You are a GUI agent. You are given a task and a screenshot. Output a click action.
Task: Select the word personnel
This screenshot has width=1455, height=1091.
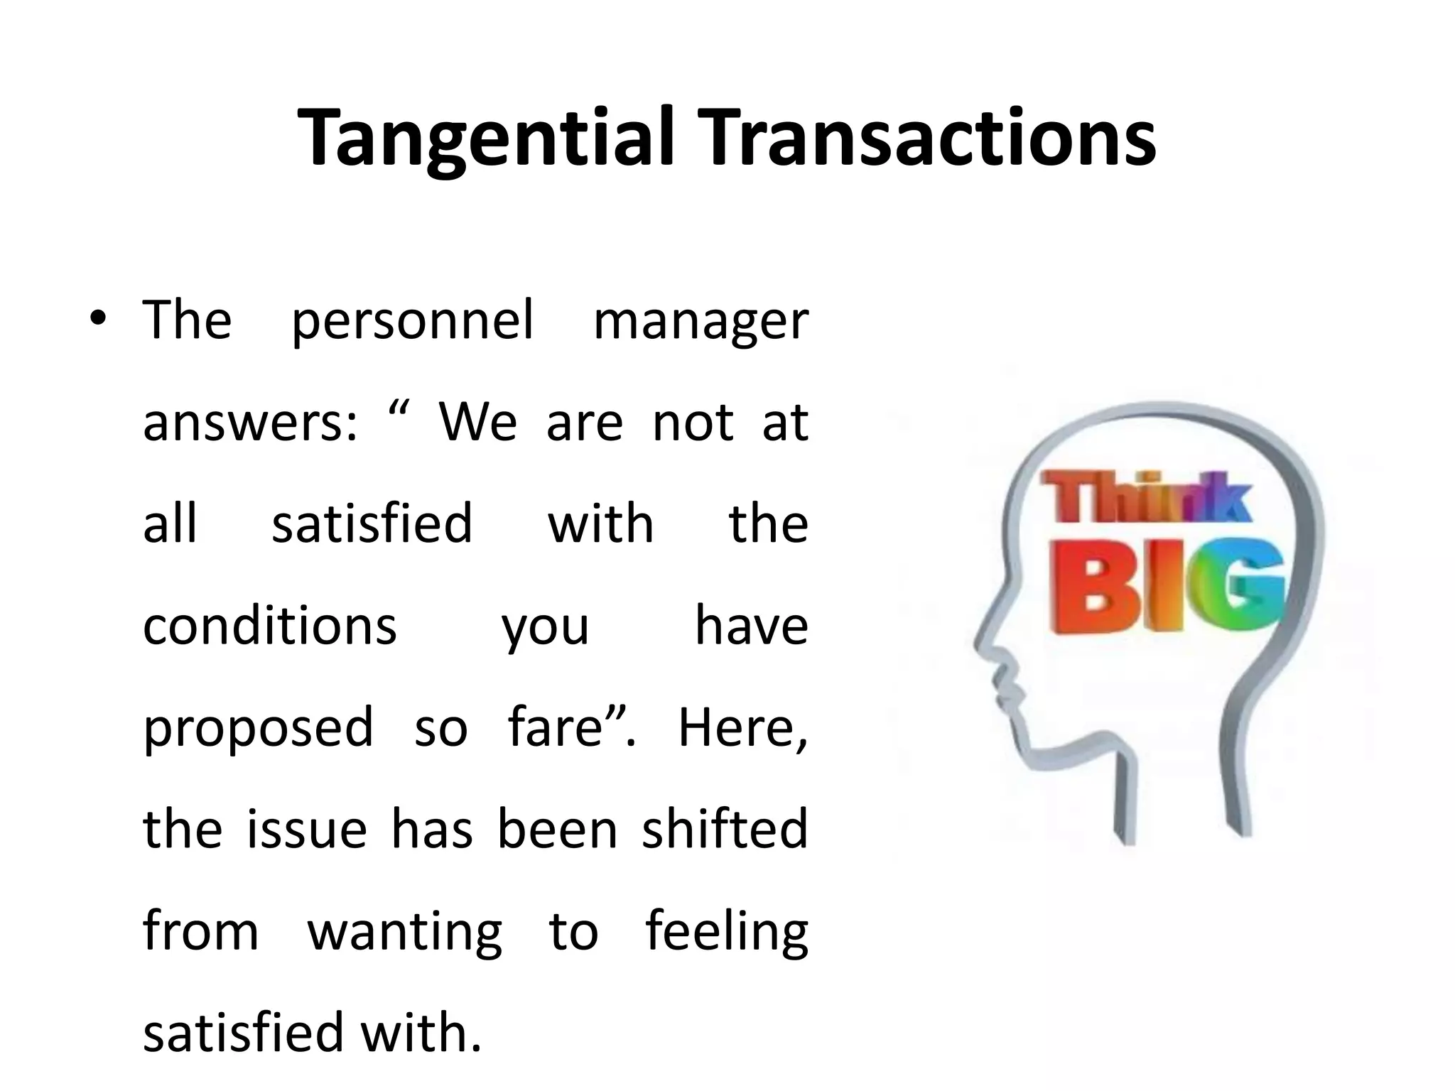[412, 322]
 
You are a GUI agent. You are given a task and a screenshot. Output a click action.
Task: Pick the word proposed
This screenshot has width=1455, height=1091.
[258, 729]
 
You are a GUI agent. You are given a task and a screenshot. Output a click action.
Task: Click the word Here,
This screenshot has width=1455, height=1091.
[743, 729]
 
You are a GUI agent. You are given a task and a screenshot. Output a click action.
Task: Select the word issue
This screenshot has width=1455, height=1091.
[307, 829]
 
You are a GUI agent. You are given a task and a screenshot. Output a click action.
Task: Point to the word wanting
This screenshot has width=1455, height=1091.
[404, 932]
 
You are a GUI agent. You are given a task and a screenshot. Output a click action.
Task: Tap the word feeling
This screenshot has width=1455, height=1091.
[727, 932]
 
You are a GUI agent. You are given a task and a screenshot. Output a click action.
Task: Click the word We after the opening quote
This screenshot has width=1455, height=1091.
[477, 423]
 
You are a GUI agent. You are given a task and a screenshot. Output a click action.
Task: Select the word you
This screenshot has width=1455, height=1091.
[545, 628]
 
